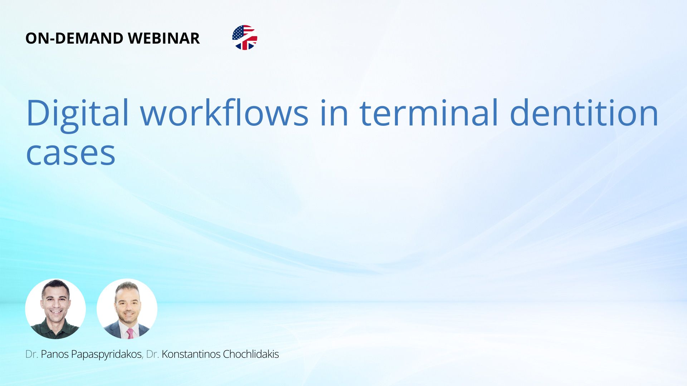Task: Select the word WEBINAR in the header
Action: pos(164,38)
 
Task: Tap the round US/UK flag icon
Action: pos(245,38)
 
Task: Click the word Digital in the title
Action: pos(77,114)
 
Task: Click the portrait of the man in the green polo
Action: pos(55,309)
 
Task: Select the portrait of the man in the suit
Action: pos(127,309)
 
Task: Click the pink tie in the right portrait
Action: pos(130,333)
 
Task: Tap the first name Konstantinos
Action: pos(191,354)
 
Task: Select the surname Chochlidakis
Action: pos(251,354)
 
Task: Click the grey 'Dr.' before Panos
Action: pos(31,354)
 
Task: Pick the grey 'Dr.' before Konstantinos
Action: pos(152,354)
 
